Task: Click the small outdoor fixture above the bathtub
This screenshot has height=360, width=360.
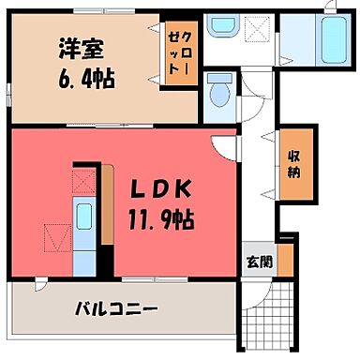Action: [x=329, y=8]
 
